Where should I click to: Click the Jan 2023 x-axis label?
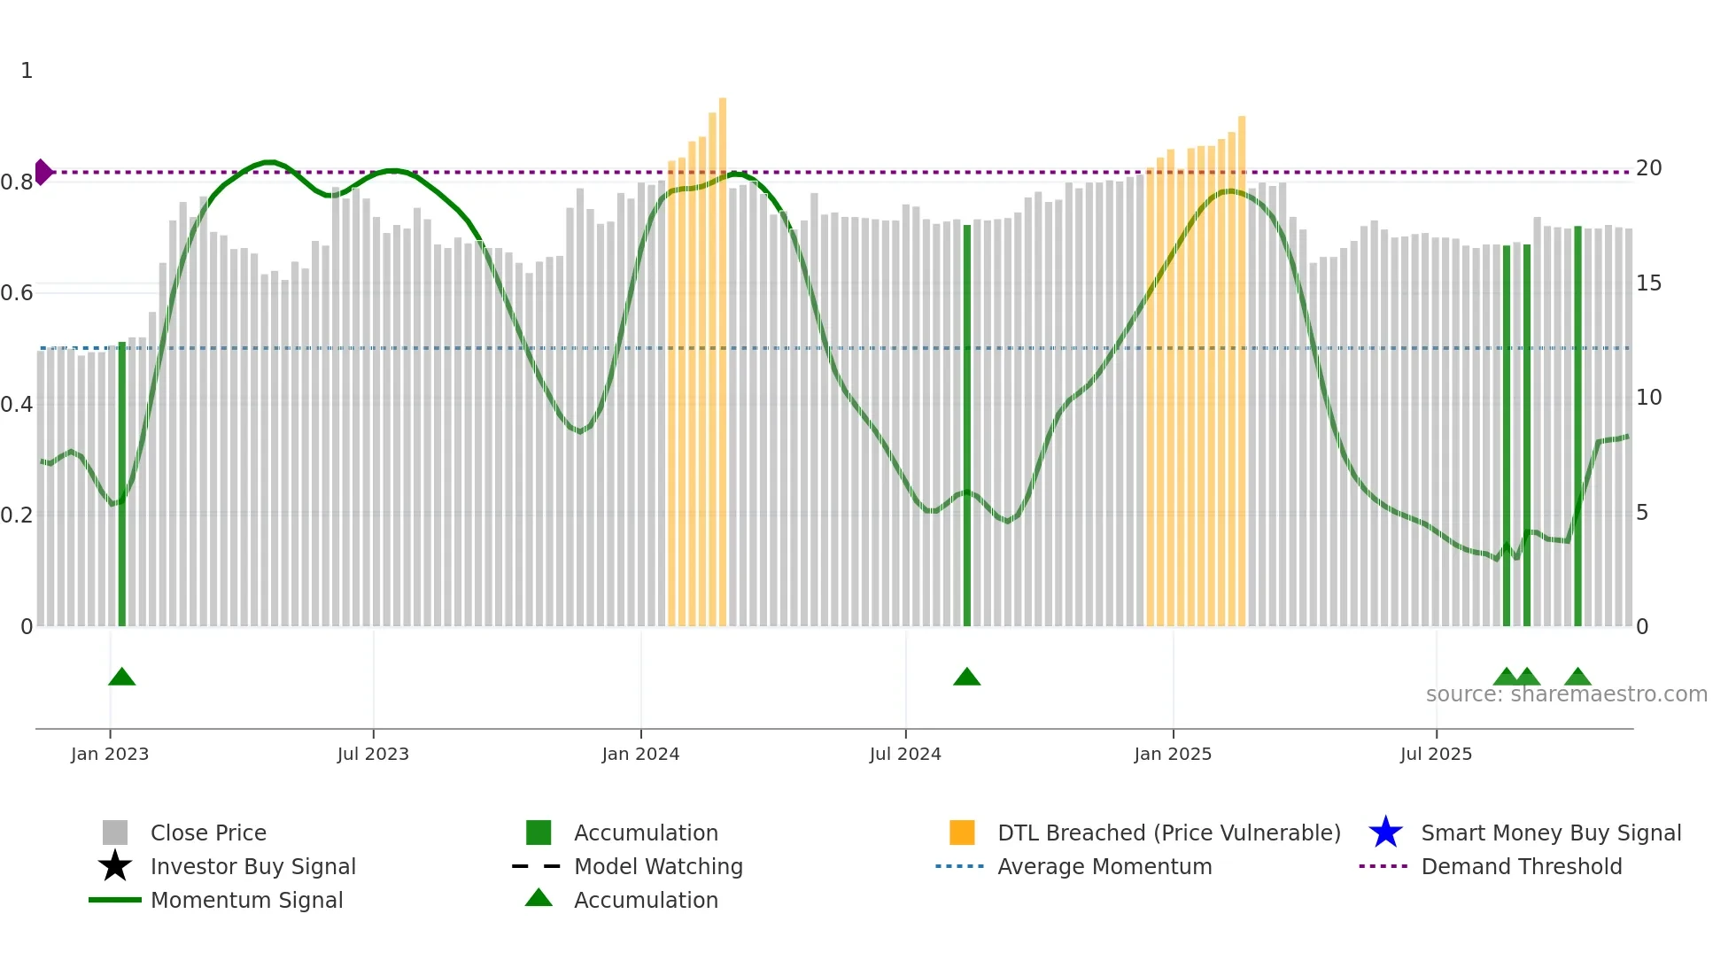tap(110, 755)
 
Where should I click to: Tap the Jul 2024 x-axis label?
tap(905, 755)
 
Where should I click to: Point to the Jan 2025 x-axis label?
tap(1173, 755)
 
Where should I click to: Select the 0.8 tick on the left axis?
tap(17, 182)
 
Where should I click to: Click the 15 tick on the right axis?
tap(1648, 283)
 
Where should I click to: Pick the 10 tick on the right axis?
tap(1648, 398)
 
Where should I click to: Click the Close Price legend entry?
tap(208, 833)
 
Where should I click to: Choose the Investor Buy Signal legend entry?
tap(252, 867)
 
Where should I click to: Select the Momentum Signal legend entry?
tap(246, 901)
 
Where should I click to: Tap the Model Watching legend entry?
tap(658, 867)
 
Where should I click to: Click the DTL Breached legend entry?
tap(1168, 833)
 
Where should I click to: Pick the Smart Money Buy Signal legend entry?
tap(1550, 833)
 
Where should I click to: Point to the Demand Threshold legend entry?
tap(1521, 867)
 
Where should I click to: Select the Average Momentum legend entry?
tap(1104, 867)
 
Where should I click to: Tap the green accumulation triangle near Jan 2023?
tap(122, 678)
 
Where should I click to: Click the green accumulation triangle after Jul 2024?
tap(967, 678)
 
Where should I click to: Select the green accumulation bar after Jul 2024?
tap(967, 425)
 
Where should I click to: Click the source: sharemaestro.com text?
tap(1566, 694)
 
